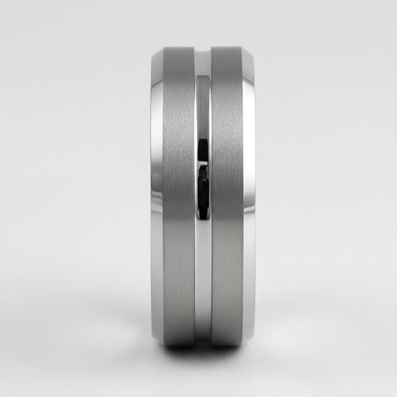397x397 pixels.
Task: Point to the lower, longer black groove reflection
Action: pyautogui.click(x=203, y=190)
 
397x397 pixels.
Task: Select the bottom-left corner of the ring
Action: pyautogui.click(x=157, y=340)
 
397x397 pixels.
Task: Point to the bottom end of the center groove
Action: pyautogui.click(x=203, y=341)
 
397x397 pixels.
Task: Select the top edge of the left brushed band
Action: pyautogui.click(x=178, y=48)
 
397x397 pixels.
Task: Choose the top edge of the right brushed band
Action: pyautogui.click(x=226, y=48)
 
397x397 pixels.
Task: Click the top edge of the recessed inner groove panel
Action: pyautogui.click(x=203, y=77)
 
